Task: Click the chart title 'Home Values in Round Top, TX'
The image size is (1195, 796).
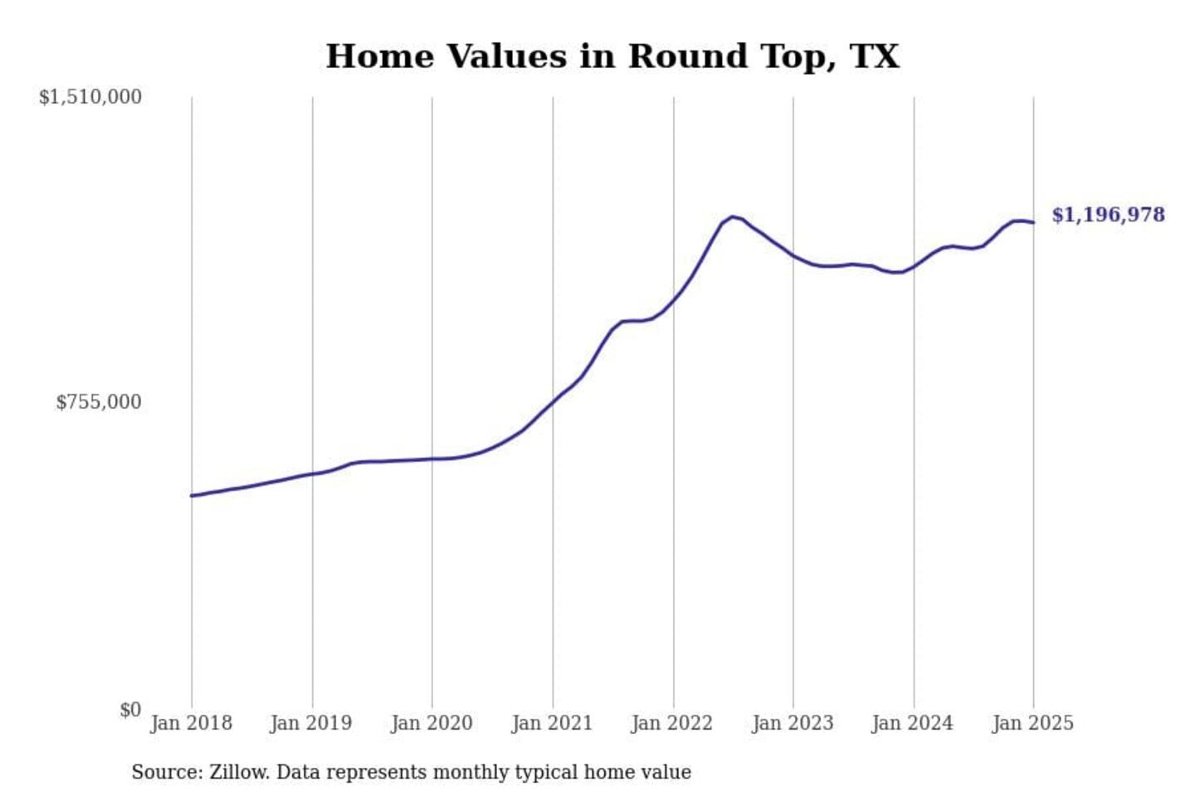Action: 612,56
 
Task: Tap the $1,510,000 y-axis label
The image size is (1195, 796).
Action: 90,97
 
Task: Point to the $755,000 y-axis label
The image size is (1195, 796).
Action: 98,402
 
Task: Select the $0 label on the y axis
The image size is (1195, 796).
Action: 129,710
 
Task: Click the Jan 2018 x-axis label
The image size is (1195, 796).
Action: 191,723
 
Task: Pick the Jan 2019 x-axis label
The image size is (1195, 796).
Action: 311,723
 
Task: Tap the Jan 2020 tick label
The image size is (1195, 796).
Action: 432,723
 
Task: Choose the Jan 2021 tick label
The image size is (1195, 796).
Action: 552,723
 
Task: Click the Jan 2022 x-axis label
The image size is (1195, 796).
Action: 672,723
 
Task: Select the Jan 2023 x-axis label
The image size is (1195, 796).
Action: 793,723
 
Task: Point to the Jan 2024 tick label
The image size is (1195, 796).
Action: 913,723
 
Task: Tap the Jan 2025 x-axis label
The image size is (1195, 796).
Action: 1033,723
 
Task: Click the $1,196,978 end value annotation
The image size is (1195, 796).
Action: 1108,215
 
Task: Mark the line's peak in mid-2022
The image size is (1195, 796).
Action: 732,216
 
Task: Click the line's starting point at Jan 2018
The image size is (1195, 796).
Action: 192,496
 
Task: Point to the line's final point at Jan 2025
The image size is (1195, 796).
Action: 1033,222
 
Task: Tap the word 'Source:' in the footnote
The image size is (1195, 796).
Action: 167,772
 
